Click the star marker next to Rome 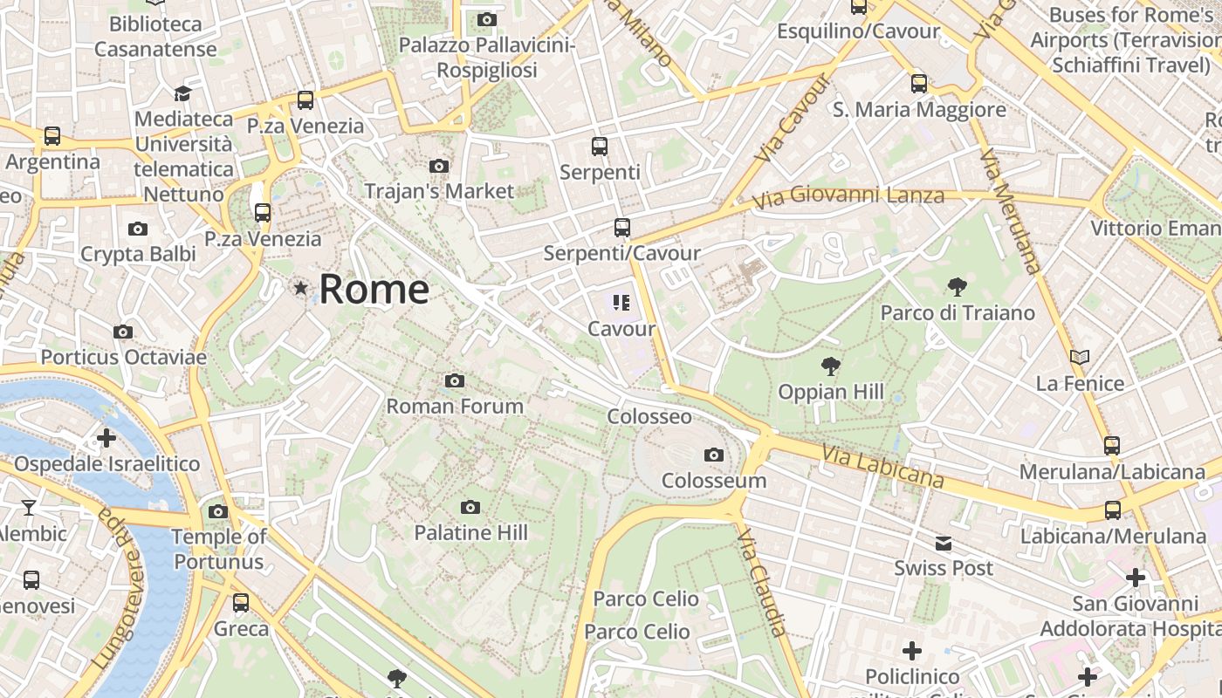[x=301, y=287]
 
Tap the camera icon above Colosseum [x=714, y=455]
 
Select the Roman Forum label [x=455, y=406]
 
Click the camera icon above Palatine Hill [x=470, y=507]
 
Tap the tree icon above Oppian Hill [x=831, y=366]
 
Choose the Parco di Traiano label [x=958, y=312]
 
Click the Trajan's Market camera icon [x=439, y=166]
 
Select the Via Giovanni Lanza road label [x=848, y=197]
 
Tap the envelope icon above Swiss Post [x=944, y=544]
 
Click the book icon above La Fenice [x=1080, y=357]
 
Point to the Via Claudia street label [x=762, y=582]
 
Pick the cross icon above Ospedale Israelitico [x=106, y=437]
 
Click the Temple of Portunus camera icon [x=218, y=511]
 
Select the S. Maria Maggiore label [x=919, y=110]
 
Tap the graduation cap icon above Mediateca [x=182, y=93]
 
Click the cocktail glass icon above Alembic [x=29, y=507]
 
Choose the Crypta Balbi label [x=138, y=254]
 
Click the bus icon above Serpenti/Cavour [x=621, y=228]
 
